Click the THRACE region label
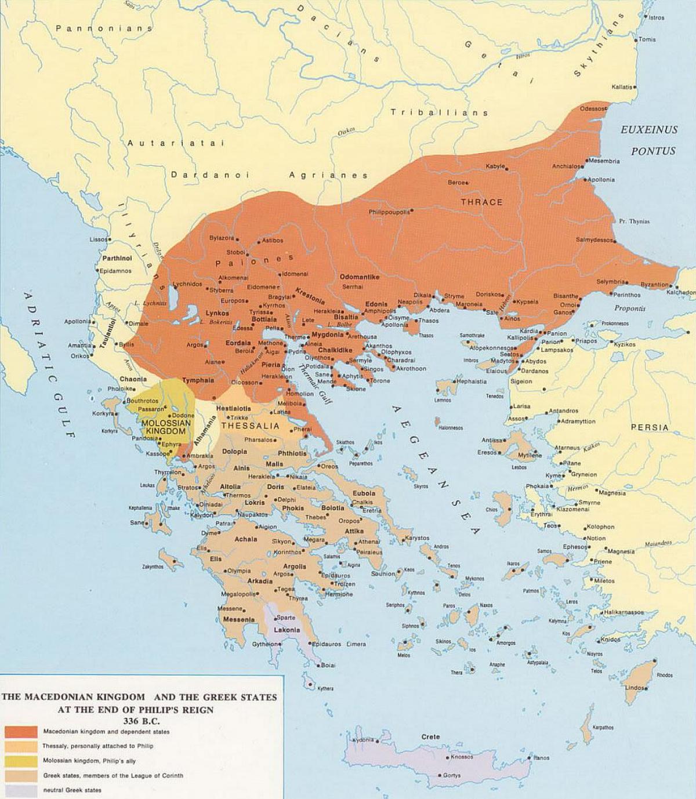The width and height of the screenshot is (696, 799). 481,202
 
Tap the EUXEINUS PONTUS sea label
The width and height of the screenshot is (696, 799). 649,140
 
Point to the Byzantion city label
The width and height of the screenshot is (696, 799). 654,285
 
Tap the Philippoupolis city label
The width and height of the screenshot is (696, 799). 389,212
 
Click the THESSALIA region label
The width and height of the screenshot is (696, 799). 251,426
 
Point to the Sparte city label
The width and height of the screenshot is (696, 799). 286,618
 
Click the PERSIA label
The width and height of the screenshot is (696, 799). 650,427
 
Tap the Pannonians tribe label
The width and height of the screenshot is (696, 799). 104,28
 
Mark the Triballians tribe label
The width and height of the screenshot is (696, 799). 439,112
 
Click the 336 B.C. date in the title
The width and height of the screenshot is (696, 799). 139,721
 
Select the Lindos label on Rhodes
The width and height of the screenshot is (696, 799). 635,688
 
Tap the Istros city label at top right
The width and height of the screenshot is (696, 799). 657,18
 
